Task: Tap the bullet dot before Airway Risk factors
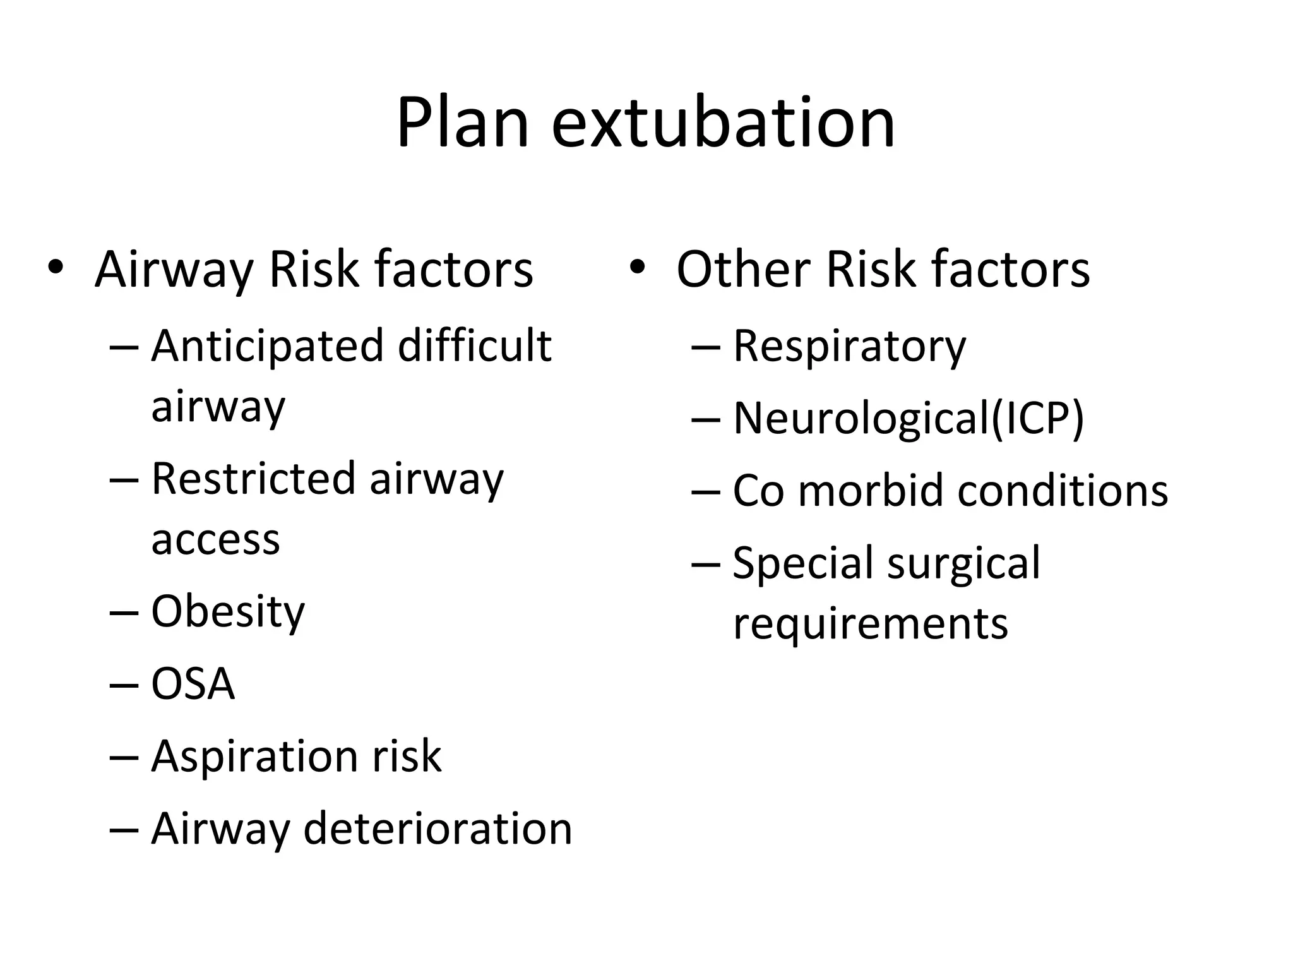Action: (56, 267)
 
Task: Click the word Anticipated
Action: (268, 347)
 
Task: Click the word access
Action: (215, 540)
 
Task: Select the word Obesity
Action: (228, 612)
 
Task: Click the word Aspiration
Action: (255, 757)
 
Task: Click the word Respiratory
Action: (849, 347)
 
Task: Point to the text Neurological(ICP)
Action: (909, 419)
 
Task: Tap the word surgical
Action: (963, 563)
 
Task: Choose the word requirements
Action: (871, 623)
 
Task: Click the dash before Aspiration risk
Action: (123, 757)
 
